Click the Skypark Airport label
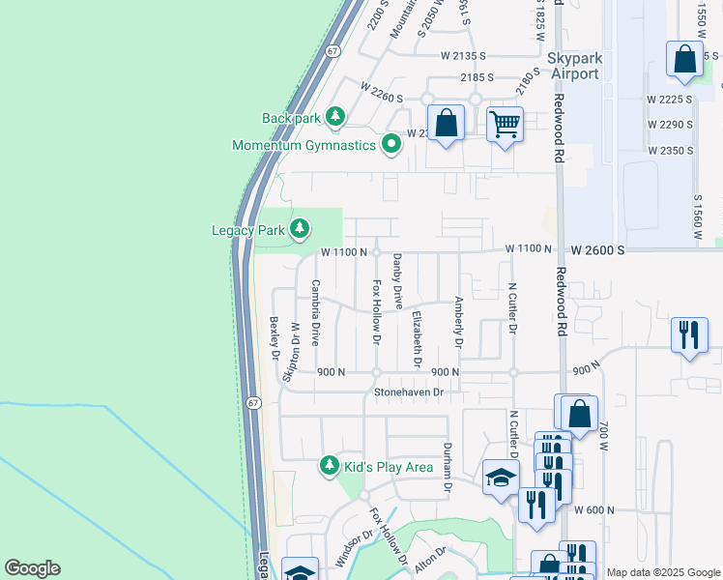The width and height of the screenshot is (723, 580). pyautogui.click(x=574, y=66)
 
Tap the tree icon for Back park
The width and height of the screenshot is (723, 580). pyautogui.click(x=335, y=118)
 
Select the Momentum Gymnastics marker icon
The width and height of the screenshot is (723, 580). pyautogui.click(x=391, y=145)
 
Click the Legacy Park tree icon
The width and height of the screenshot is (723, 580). pyautogui.click(x=301, y=229)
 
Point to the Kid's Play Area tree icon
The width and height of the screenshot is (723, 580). pyautogui.click(x=330, y=467)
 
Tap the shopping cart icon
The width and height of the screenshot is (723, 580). pyautogui.click(x=505, y=124)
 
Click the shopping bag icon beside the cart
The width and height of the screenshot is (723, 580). pyautogui.click(x=446, y=123)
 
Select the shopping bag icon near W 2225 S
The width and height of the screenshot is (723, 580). pyautogui.click(x=685, y=59)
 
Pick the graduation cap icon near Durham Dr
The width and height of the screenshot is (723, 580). pyautogui.click(x=500, y=478)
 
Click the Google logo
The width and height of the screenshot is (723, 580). pyautogui.click(x=32, y=568)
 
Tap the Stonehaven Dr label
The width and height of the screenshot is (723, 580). pyautogui.click(x=409, y=392)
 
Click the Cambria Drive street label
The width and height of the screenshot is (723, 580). pyautogui.click(x=315, y=313)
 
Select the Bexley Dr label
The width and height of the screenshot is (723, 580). pyautogui.click(x=275, y=336)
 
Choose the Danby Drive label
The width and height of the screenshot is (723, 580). pyautogui.click(x=397, y=280)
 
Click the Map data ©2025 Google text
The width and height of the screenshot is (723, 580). pyautogui.click(x=662, y=572)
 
